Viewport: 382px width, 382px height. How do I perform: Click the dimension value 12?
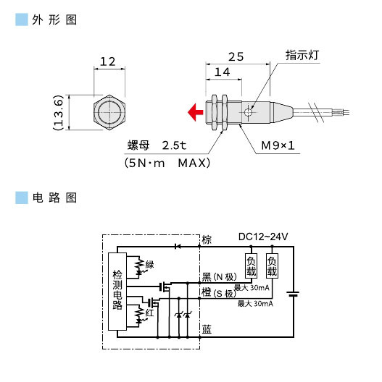point(108,62)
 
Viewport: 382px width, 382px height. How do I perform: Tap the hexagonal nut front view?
point(108,112)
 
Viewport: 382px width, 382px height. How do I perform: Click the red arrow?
point(194,112)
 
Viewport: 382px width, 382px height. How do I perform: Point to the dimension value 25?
point(235,56)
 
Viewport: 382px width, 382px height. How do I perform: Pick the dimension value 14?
point(223,72)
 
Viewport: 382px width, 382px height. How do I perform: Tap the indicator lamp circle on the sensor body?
point(249,112)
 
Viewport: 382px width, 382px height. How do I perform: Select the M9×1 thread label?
point(278,146)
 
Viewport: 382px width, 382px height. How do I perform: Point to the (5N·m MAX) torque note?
point(167,163)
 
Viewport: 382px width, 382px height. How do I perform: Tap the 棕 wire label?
point(207,239)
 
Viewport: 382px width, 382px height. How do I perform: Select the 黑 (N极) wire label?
point(220,277)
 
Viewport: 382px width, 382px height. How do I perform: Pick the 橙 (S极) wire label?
point(220,292)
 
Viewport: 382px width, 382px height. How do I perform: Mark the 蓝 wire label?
point(207,330)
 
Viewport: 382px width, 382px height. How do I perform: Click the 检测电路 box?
point(117,291)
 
